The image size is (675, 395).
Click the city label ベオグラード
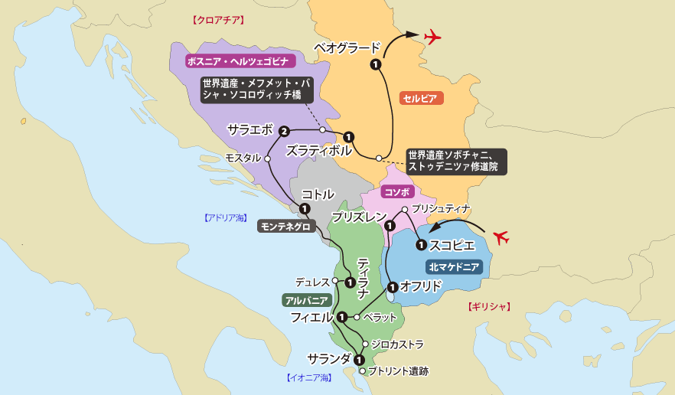click(x=347, y=48)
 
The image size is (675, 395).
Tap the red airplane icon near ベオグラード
click(x=433, y=36)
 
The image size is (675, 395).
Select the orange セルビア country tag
click(x=422, y=98)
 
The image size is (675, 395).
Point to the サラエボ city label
click(x=249, y=129)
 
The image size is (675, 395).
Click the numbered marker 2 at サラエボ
click(x=283, y=131)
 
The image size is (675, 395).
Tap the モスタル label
click(x=243, y=158)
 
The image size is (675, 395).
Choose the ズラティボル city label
click(x=318, y=150)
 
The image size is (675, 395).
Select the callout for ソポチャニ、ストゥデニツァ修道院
click(x=456, y=161)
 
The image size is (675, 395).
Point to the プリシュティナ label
click(x=440, y=208)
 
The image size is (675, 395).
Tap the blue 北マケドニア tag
click(x=454, y=267)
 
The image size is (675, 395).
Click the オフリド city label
click(x=421, y=286)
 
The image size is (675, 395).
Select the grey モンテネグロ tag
click(x=285, y=227)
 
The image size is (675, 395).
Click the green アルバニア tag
click(x=306, y=300)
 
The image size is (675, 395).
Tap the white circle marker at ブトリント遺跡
click(x=362, y=371)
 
